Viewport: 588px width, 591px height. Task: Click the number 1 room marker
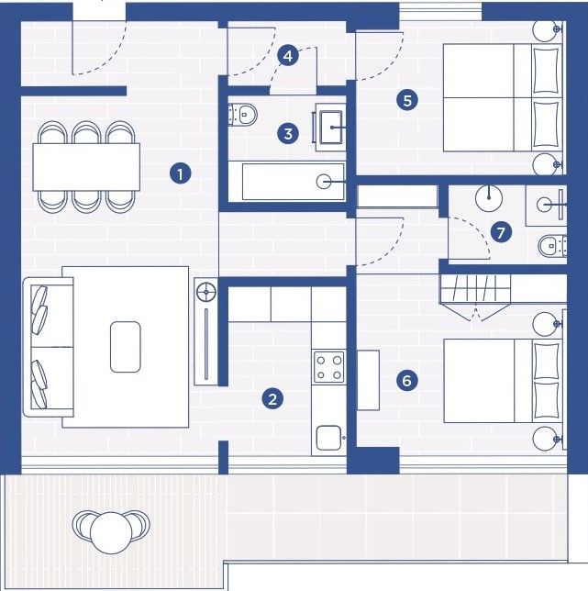[x=180, y=173]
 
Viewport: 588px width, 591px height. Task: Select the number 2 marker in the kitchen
[x=272, y=399]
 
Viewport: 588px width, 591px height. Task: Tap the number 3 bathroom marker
[x=288, y=133]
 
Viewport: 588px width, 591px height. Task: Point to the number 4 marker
[x=288, y=56]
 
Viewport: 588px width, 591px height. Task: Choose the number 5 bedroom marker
[x=407, y=100]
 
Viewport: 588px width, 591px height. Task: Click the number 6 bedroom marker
[x=406, y=380]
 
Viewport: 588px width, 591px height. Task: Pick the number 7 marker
[x=501, y=232]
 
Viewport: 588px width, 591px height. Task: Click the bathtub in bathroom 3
[x=293, y=182]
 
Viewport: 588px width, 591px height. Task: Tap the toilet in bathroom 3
[x=242, y=114]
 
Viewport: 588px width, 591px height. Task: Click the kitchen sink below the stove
[x=328, y=438]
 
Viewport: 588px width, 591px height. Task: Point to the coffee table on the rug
[x=126, y=347]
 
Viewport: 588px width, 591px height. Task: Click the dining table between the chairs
[x=86, y=167]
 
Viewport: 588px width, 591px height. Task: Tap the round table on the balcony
[x=111, y=532]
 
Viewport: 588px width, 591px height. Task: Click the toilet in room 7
[x=552, y=246]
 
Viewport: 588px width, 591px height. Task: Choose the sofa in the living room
[x=49, y=347]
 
